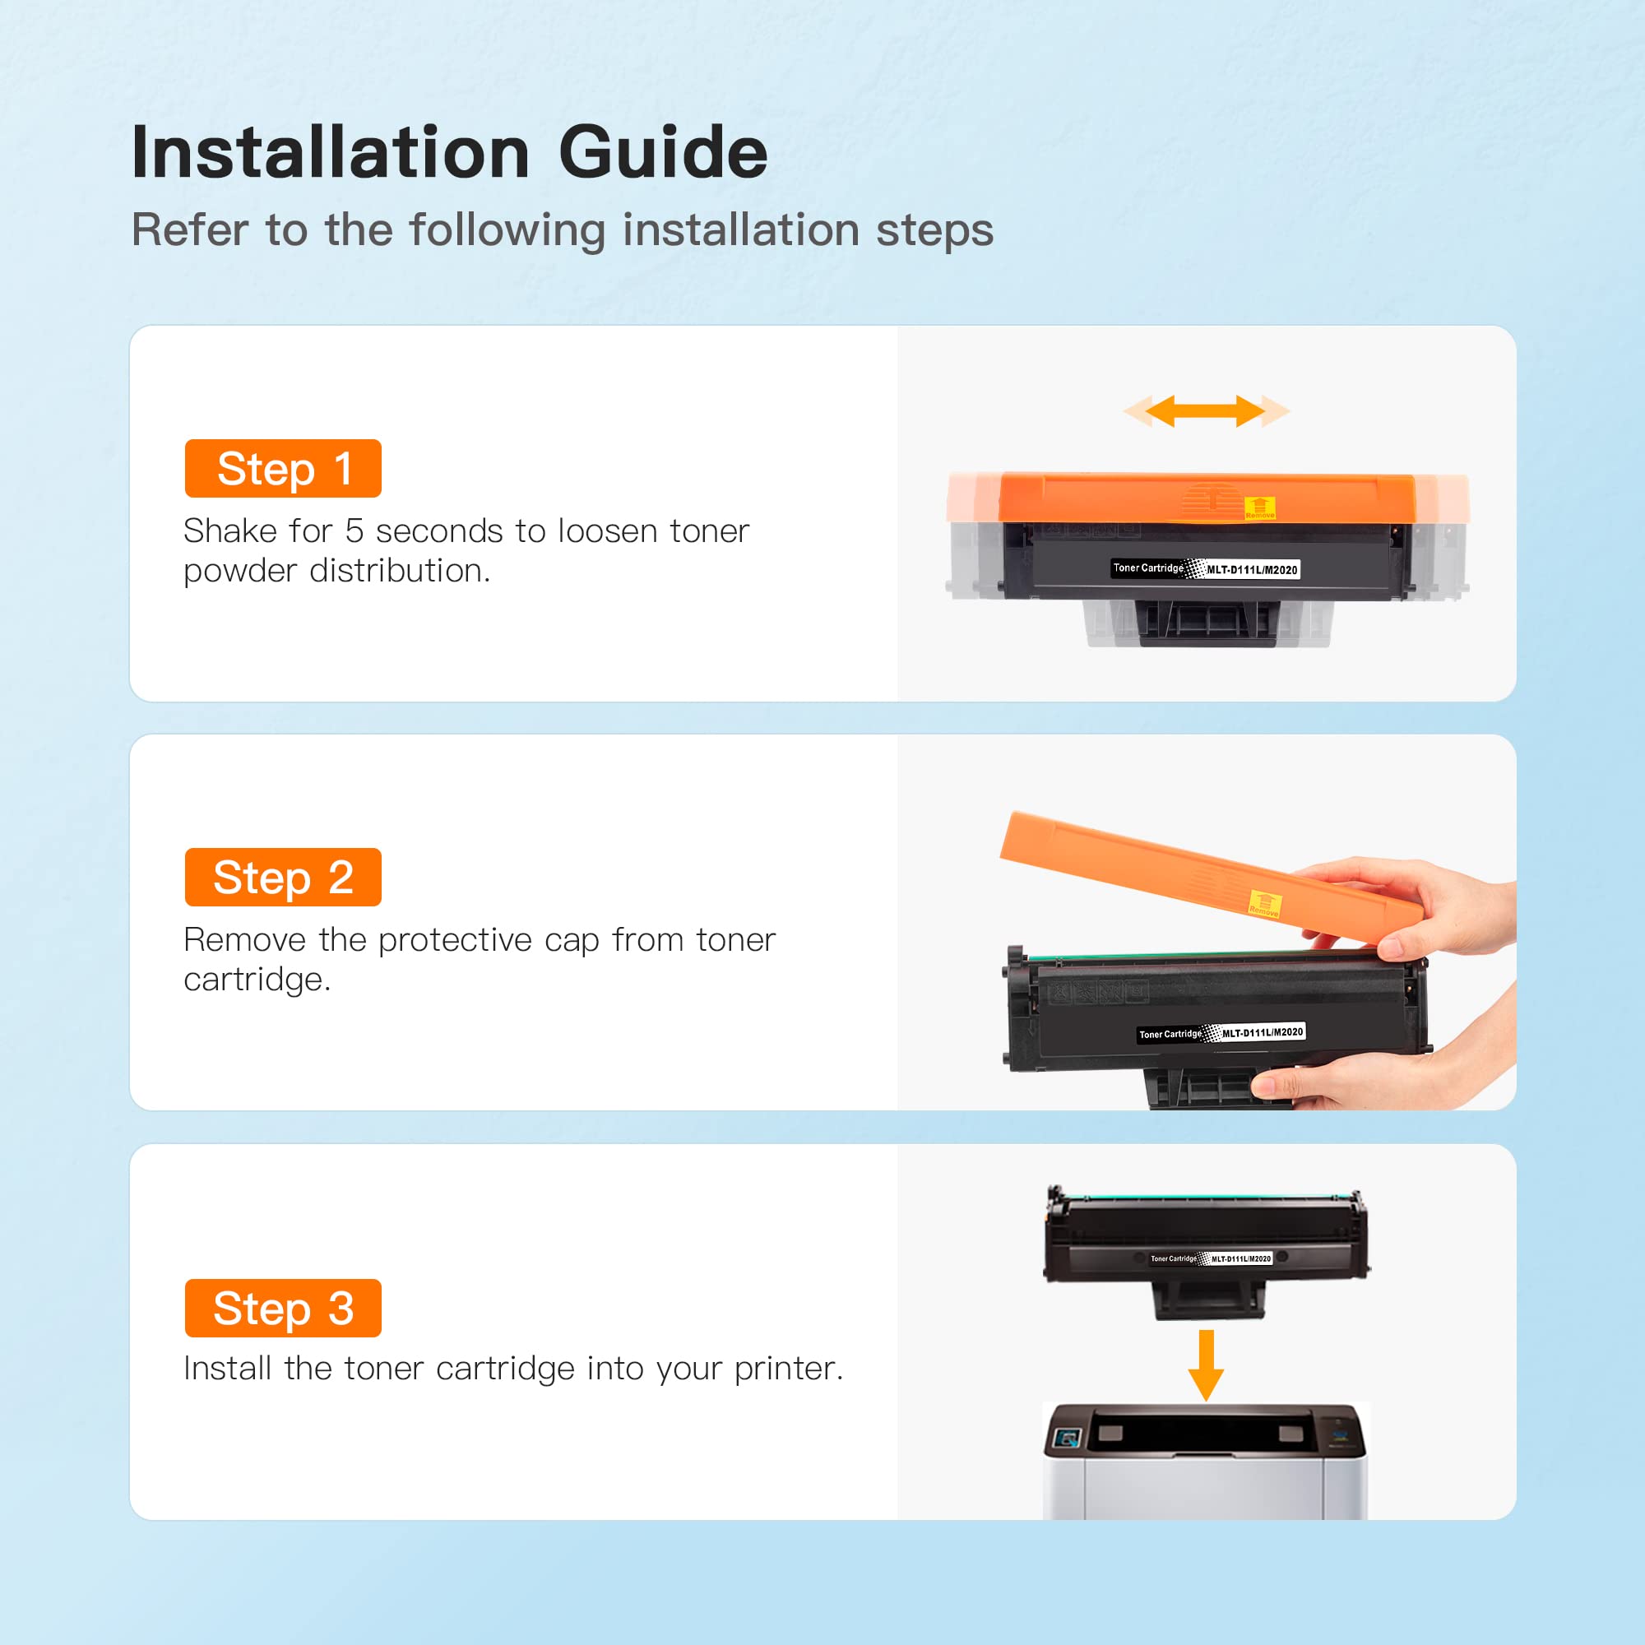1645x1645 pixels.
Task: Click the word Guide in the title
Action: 663,153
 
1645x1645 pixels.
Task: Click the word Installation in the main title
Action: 331,152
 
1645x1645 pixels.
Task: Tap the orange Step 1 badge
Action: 283,468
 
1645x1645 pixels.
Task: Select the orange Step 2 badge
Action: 283,877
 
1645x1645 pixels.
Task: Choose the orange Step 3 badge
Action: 283,1308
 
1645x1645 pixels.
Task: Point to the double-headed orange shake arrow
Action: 1207,411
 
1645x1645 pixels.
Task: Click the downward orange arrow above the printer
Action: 1206,1365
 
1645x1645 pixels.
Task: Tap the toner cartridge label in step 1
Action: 1206,569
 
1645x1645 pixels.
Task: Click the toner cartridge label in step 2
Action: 1221,1034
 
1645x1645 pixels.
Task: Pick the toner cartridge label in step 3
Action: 1211,1258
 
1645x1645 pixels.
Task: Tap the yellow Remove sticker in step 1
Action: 1260,507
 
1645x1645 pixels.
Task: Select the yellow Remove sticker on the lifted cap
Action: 1265,903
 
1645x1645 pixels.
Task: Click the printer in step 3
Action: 1206,1461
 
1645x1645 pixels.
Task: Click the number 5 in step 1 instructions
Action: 354,531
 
